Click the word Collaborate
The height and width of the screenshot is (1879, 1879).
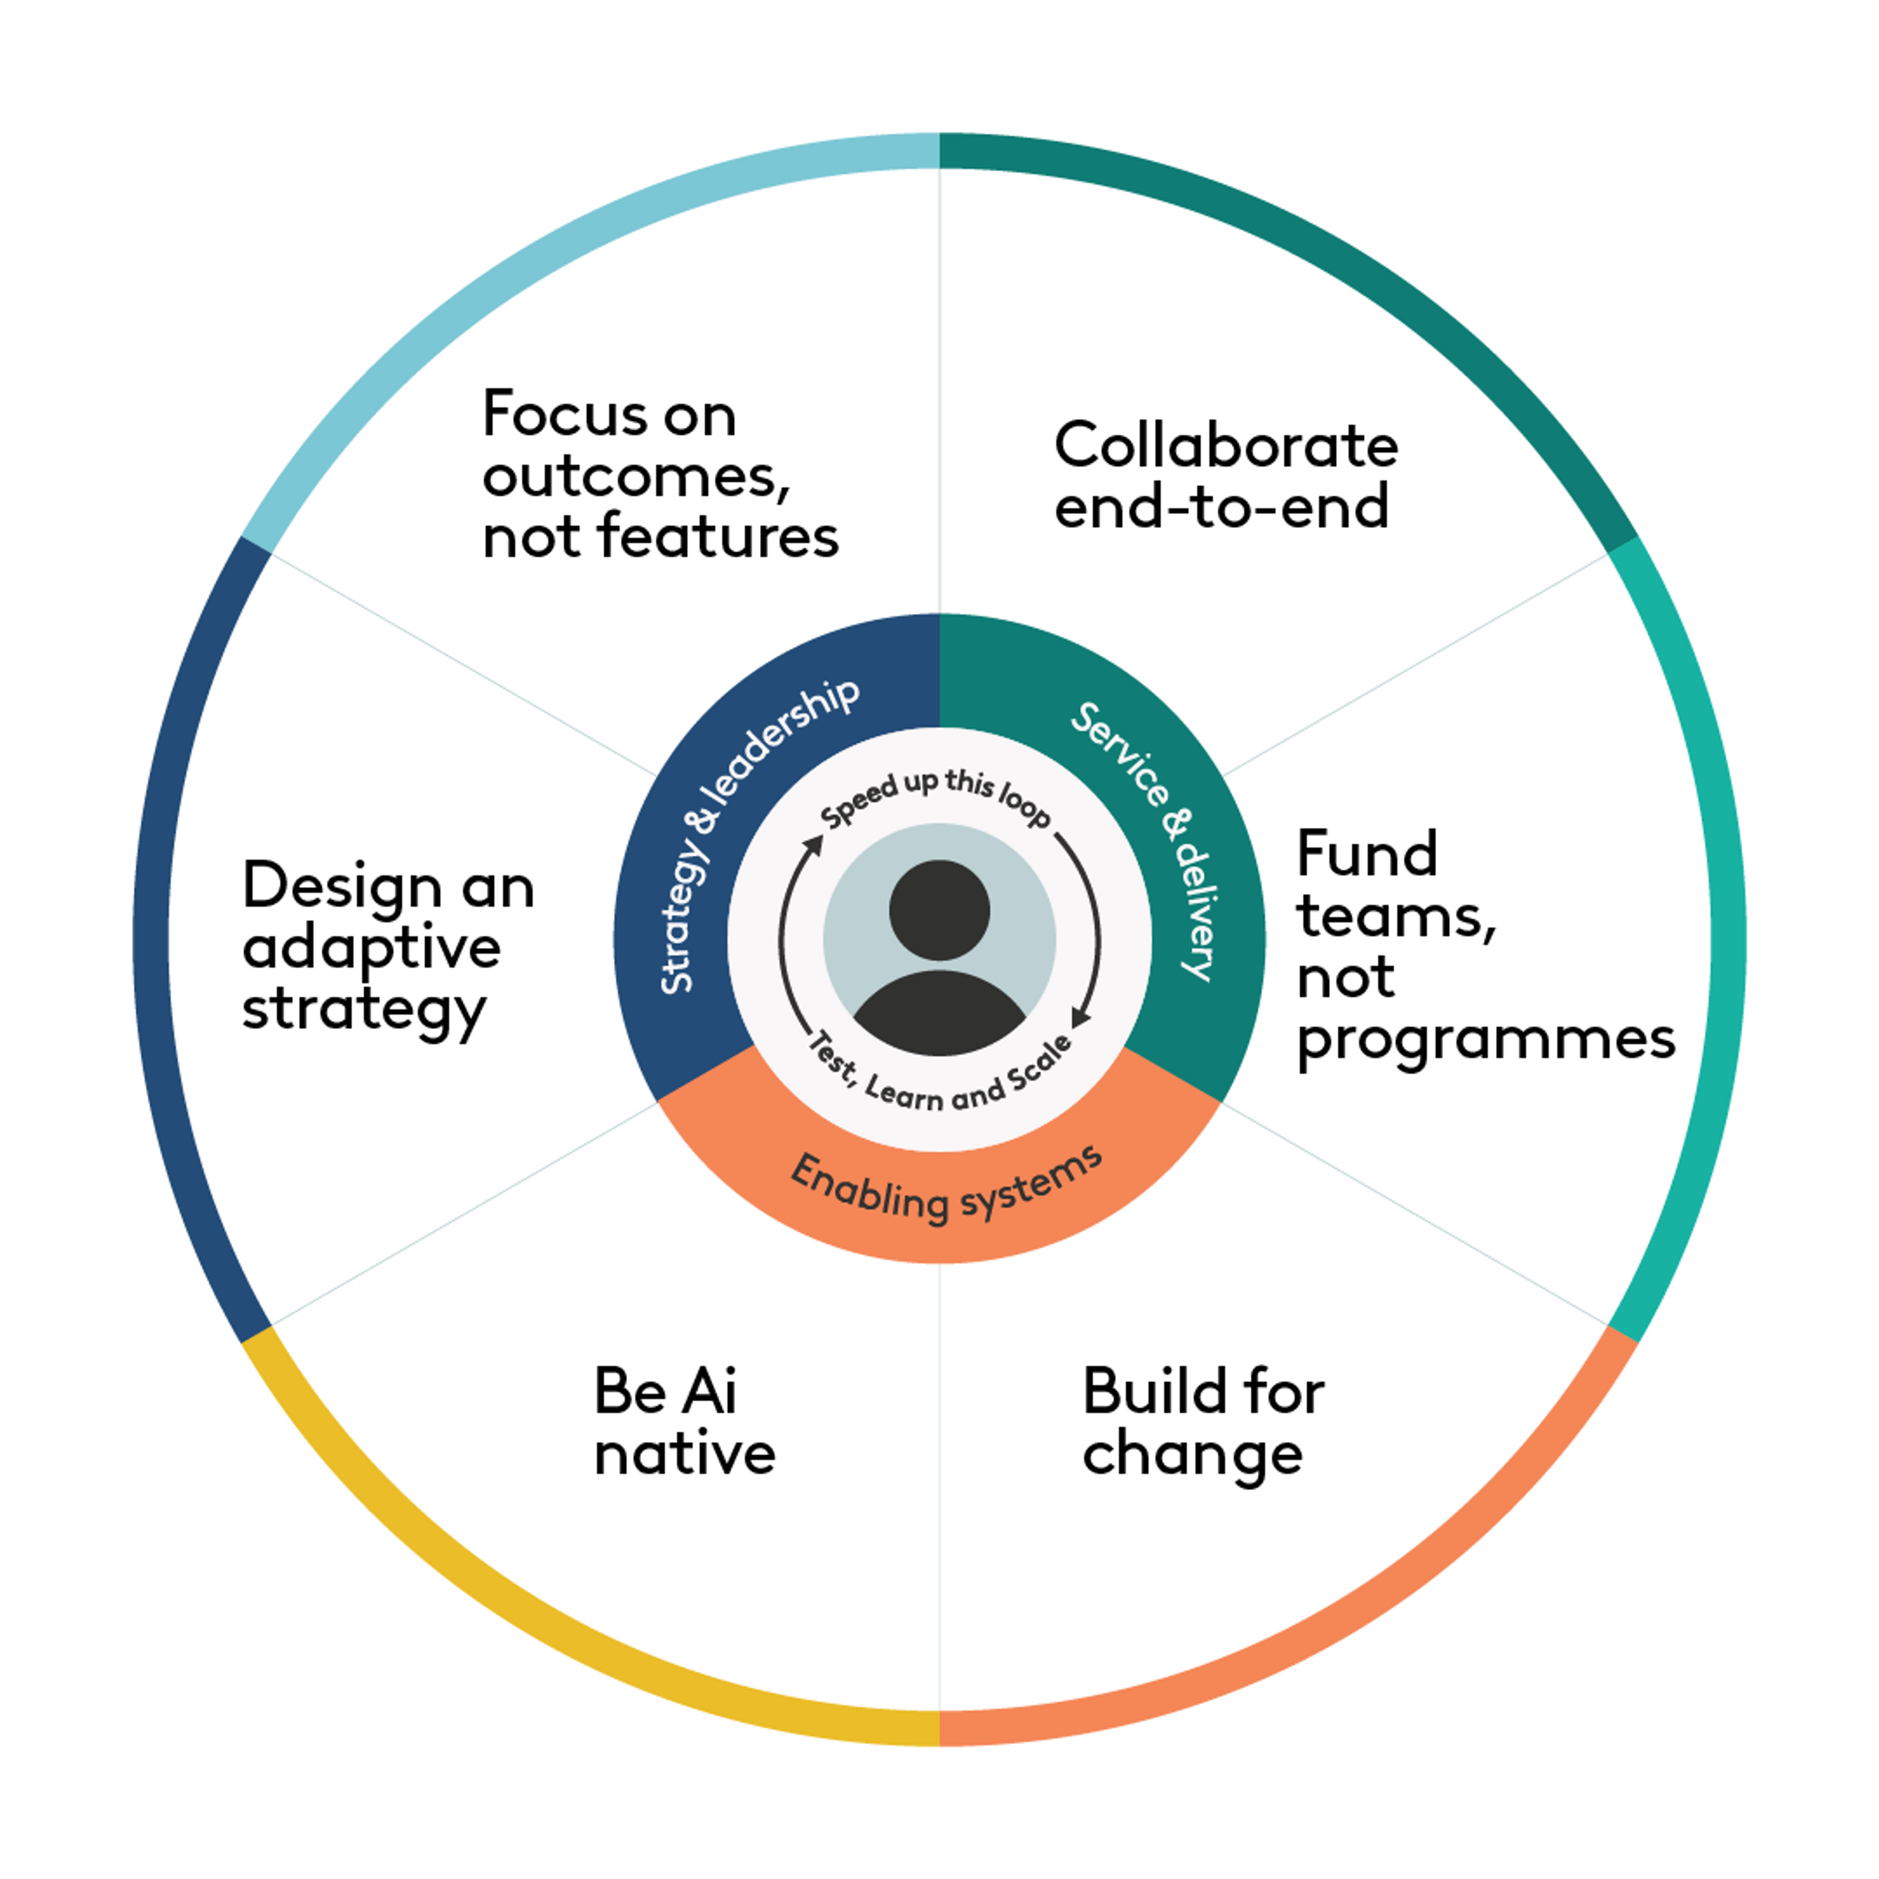pos(1225,446)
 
